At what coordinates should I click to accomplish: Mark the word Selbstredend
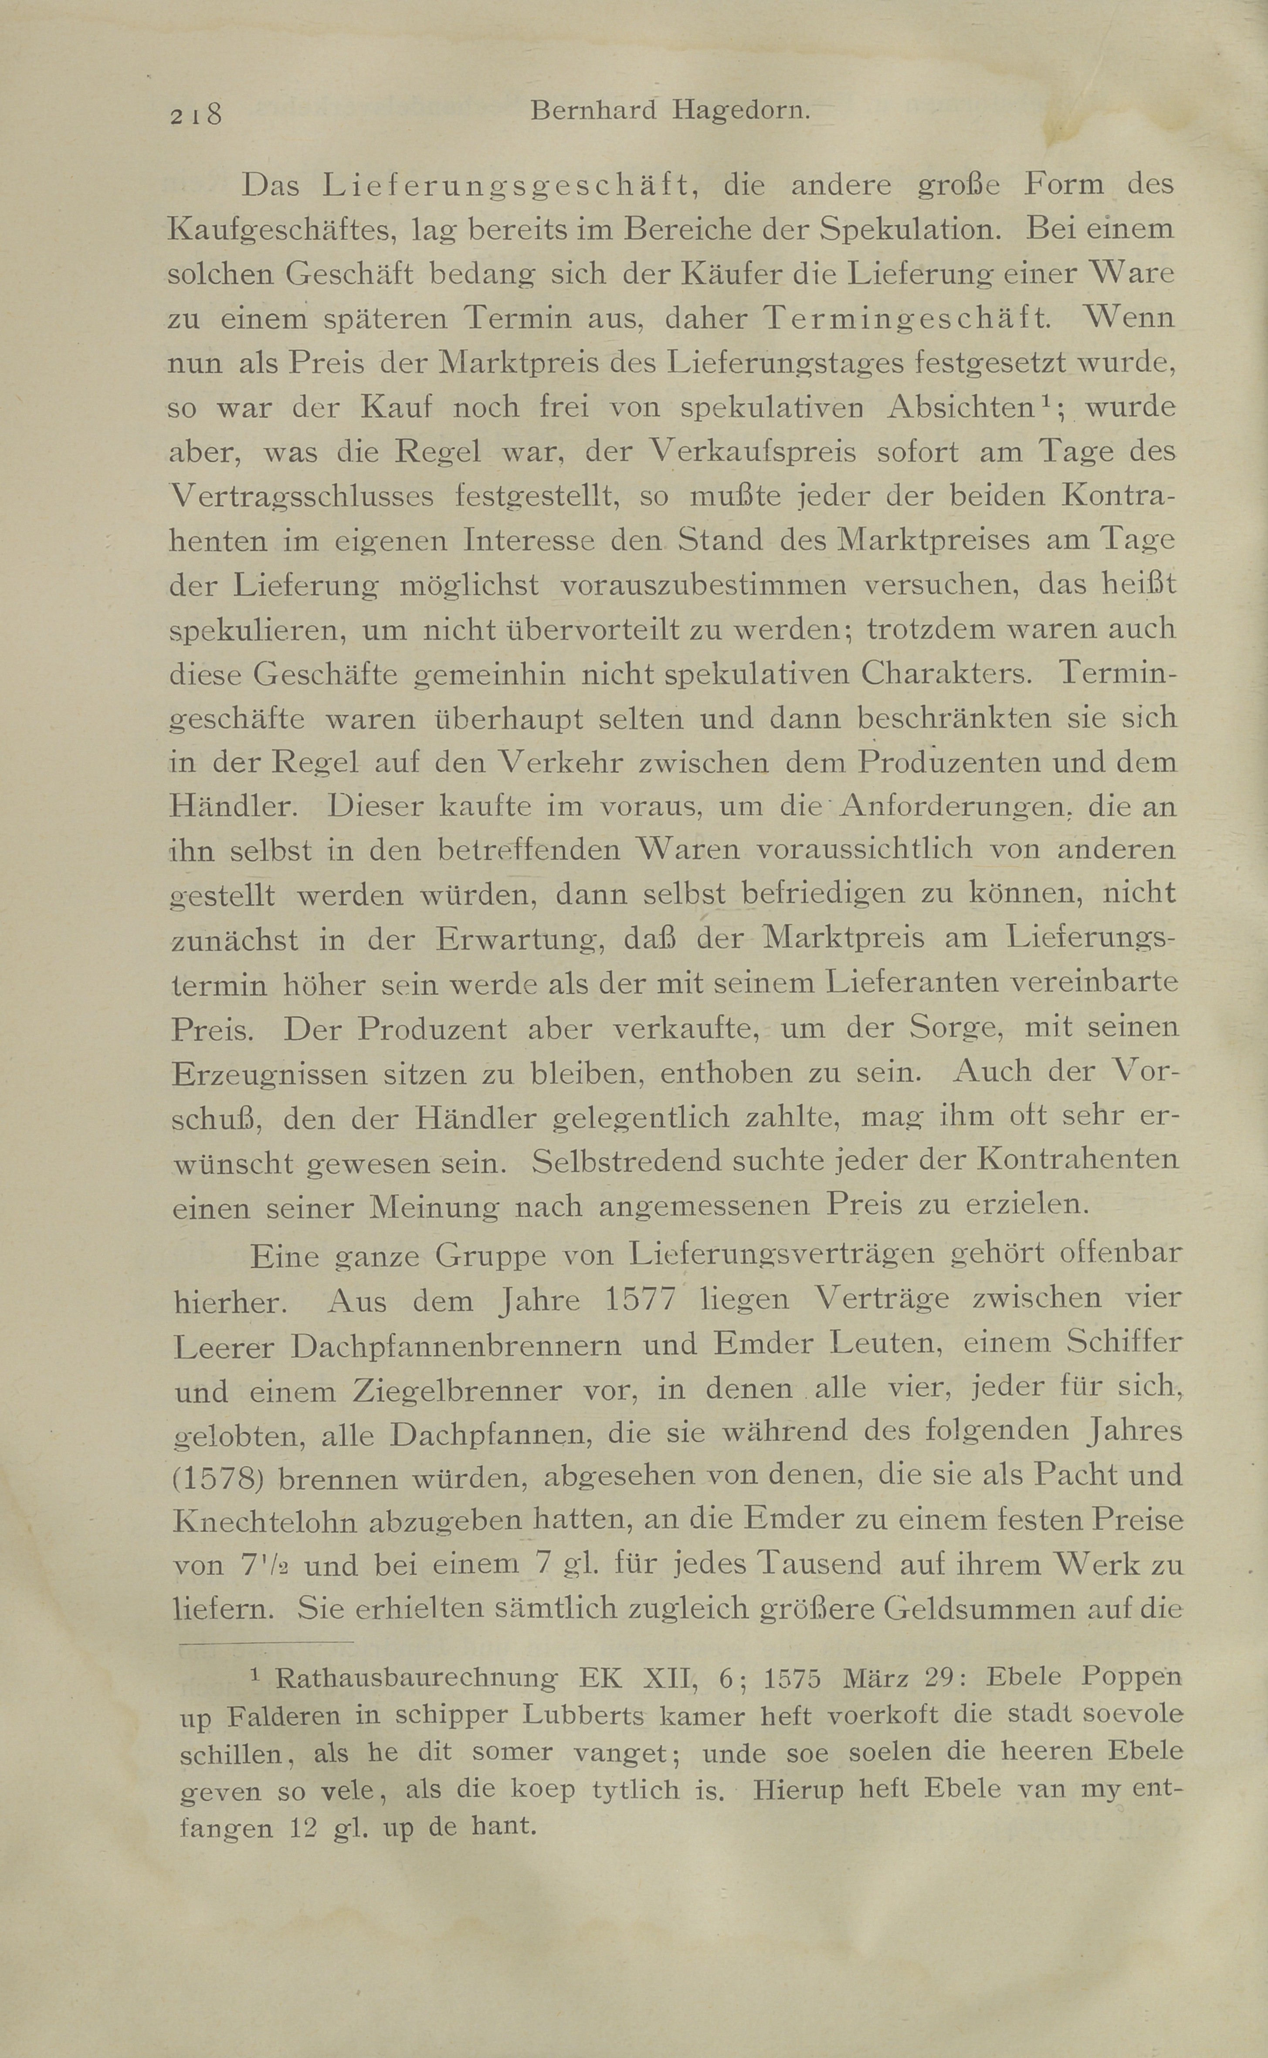627,1161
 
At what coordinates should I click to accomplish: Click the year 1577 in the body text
640,1299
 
